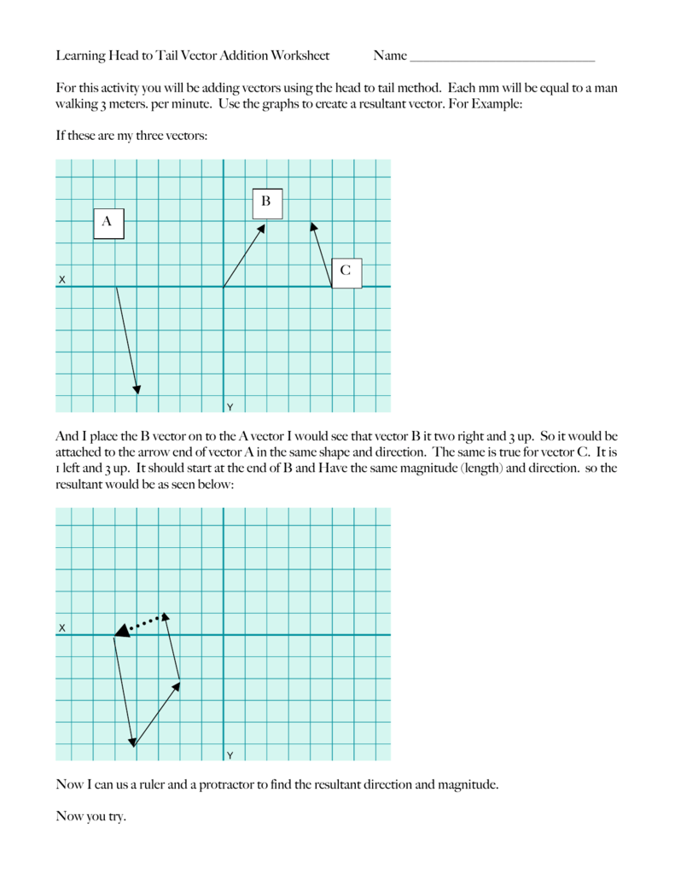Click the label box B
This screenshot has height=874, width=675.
(266, 203)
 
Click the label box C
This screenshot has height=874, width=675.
(346, 272)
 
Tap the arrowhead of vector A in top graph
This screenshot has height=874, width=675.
(137, 388)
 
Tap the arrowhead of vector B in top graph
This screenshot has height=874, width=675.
(262, 227)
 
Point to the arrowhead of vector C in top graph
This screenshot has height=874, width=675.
(313, 227)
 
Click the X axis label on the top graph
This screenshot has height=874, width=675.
(61, 280)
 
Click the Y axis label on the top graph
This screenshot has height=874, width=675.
(230, 406)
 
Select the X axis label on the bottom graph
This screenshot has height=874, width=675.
(61, 628)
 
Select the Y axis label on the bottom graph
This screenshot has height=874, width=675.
(230, 755)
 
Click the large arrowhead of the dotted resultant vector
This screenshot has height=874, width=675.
(121, 631)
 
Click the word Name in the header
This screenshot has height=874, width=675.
(390, 56)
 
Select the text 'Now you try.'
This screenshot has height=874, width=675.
(90, 817)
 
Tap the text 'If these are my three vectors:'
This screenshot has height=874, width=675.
(131, 136)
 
